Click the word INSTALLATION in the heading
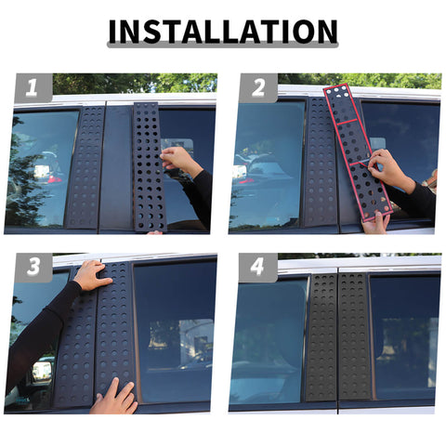pyautogui.click(x=223, y=32)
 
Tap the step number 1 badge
pyautogui.click(x=33, y=87)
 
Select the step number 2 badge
pyautogui.click(x=258, y=87)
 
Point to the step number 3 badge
pyautogui.click(x=33, y=267)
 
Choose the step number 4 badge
pyautogui.click(x=257, y=267)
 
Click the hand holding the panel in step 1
pyautogui.click(x=178, y=160)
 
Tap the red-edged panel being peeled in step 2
pyautogui.click(x=358, y=152)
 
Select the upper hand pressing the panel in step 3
pyautogui.click(x=92, y=275)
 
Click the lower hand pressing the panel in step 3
pyautogui.click(x=115, y=398)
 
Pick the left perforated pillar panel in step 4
pyautogui.click(x=321, y=337)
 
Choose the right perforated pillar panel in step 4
pyautogui.click(x=355, y=336)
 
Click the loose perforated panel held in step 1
pyautogui.click(x=150, y=167)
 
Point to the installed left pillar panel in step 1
pyautogui.click(x=85, y=167)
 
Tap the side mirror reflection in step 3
pyautogui.click(x=41, y=372)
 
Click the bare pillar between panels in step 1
pyautogui.click(x=117, y=167)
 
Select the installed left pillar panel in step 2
pyautogui.click(x=321, y=161)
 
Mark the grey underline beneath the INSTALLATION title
pyautogui.click(x=223, y=46)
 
